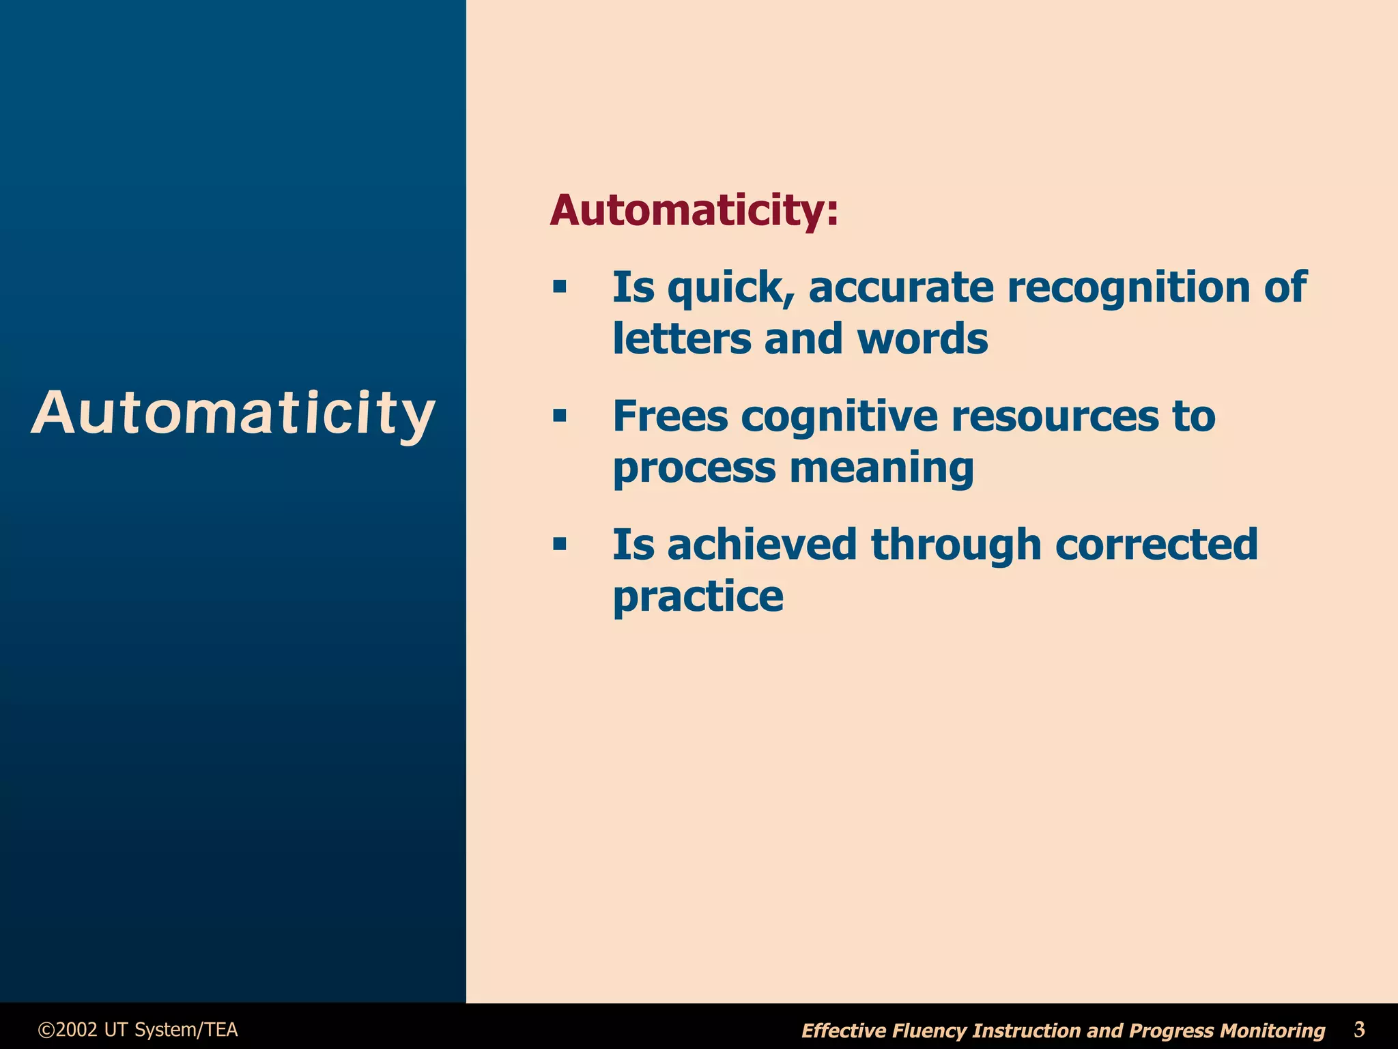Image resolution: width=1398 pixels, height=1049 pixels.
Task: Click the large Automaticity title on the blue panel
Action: click(x=233, y=413)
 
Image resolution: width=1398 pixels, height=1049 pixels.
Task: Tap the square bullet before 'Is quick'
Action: click(x=560, y=287)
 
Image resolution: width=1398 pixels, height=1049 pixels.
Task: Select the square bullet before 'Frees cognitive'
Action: click(x=560, y=416)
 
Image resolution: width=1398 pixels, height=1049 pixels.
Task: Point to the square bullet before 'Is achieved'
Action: click(x=560, y=545)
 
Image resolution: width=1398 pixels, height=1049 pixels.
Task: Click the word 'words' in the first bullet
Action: click(x=922, y=339)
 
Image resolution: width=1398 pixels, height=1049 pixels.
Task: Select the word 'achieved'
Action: click(x=762, y=545)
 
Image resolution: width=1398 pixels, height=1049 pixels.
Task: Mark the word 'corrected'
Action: click(x=1156, y=545)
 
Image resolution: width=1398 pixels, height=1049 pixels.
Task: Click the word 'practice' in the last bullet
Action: click(x=698, y=597)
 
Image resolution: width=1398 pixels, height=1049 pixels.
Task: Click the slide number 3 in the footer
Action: click(x=1359, y=1029)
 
